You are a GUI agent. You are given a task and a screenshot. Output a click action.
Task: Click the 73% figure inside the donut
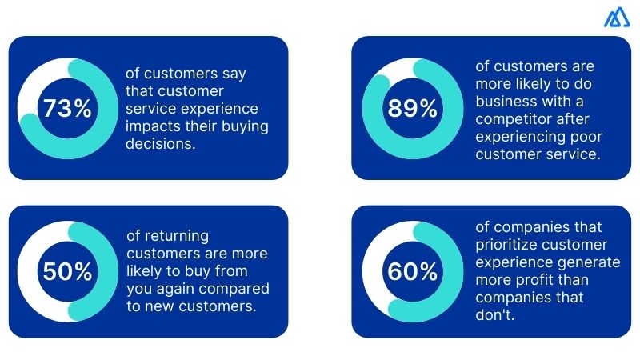[68, 109]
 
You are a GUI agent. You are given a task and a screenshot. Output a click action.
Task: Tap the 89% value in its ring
[411, 109]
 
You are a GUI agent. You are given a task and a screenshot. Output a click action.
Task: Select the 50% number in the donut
[68, 272]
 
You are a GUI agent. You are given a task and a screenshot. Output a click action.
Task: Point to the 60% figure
[411, 272]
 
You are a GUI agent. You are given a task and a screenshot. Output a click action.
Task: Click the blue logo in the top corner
[616, 18]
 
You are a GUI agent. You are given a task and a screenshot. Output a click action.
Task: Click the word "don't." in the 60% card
[492, 314]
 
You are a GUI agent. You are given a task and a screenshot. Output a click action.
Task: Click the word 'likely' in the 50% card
[146, 270]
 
